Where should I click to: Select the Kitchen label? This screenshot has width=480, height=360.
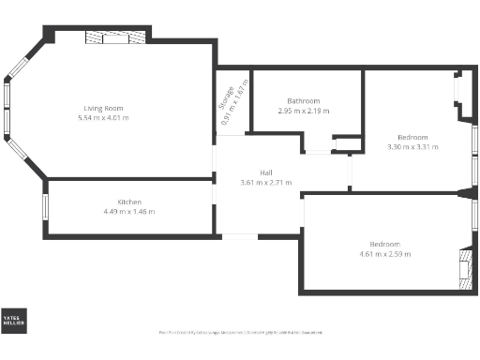129,202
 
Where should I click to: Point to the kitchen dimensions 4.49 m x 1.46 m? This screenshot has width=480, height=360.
129,212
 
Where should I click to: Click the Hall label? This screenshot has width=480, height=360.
266,172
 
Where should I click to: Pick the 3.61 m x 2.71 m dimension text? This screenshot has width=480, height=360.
266,182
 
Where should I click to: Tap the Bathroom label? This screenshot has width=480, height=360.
304,101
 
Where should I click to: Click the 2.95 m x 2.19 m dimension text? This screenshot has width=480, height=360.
304,111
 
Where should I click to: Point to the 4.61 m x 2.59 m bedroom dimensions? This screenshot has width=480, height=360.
391,254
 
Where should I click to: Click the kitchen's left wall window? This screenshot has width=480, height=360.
45,207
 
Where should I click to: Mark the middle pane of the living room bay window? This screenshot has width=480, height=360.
7,109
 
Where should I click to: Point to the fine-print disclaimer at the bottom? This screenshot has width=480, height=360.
241,332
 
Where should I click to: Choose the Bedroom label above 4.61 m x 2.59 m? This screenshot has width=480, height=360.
391,245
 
